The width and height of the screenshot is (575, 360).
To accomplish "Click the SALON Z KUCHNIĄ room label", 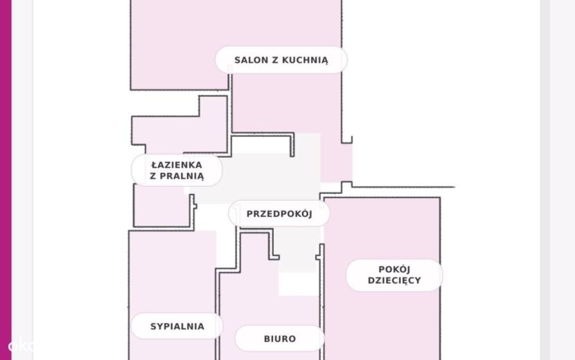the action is pos(281,60).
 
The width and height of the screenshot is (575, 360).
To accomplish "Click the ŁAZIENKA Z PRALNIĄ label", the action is pos(177,170).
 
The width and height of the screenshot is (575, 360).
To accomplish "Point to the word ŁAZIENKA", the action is pos(177,165).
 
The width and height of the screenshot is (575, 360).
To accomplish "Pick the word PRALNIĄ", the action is pos(182,177).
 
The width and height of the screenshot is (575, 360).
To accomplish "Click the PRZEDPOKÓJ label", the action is pos(279,214).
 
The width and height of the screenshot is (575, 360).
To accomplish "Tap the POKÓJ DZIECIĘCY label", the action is pos(394,275).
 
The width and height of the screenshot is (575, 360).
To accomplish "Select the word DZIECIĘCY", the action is pos(394,281).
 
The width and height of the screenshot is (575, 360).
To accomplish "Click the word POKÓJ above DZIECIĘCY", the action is pos(394,269).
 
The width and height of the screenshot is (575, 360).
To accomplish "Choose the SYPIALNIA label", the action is pos(177,326).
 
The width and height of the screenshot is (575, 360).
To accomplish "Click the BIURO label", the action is pos(280,339).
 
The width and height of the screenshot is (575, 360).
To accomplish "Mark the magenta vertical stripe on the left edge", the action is pos(6,180).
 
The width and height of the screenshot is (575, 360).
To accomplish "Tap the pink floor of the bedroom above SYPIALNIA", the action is pos(172,271).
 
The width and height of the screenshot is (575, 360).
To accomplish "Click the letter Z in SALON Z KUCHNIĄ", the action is pos(275,60).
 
